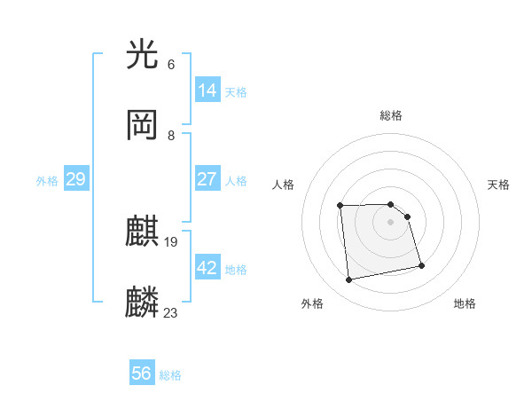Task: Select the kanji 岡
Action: pyautogui.click(x=143, y=125)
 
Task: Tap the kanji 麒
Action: pyautogui.click(x=143, y=232)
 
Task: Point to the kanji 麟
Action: pyautogui.click(x=143, y=302)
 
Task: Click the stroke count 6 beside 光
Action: pyautogui.click(x=171, y=65)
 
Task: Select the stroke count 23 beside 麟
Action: pyautogui.click(x=171, y=311)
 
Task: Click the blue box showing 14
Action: pyautogui.click(x=207, y=90)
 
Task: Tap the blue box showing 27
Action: pyautogui.click(x=207, y=179)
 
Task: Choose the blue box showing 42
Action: pyautogui.click(x=207, y=268)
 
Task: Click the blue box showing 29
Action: pyautogui.click(x=75, y=179)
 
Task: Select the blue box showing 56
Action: pyautogui.click(x=142, y=374)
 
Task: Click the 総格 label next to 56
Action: pyautogui.click(x=170, y=375)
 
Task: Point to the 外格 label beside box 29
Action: pyautogui.click(x=47, y=181)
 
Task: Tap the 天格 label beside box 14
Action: pyautogui.click(x=236, y=92)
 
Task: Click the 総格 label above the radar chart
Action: pyautogui.click(x=391, y=115)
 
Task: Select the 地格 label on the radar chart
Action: pyautogui.click(x=465, y=303)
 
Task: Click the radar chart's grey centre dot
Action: pyautogui.click(x=391, y=222)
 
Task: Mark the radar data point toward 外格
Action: pyautogui.click(x=349, y=279)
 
